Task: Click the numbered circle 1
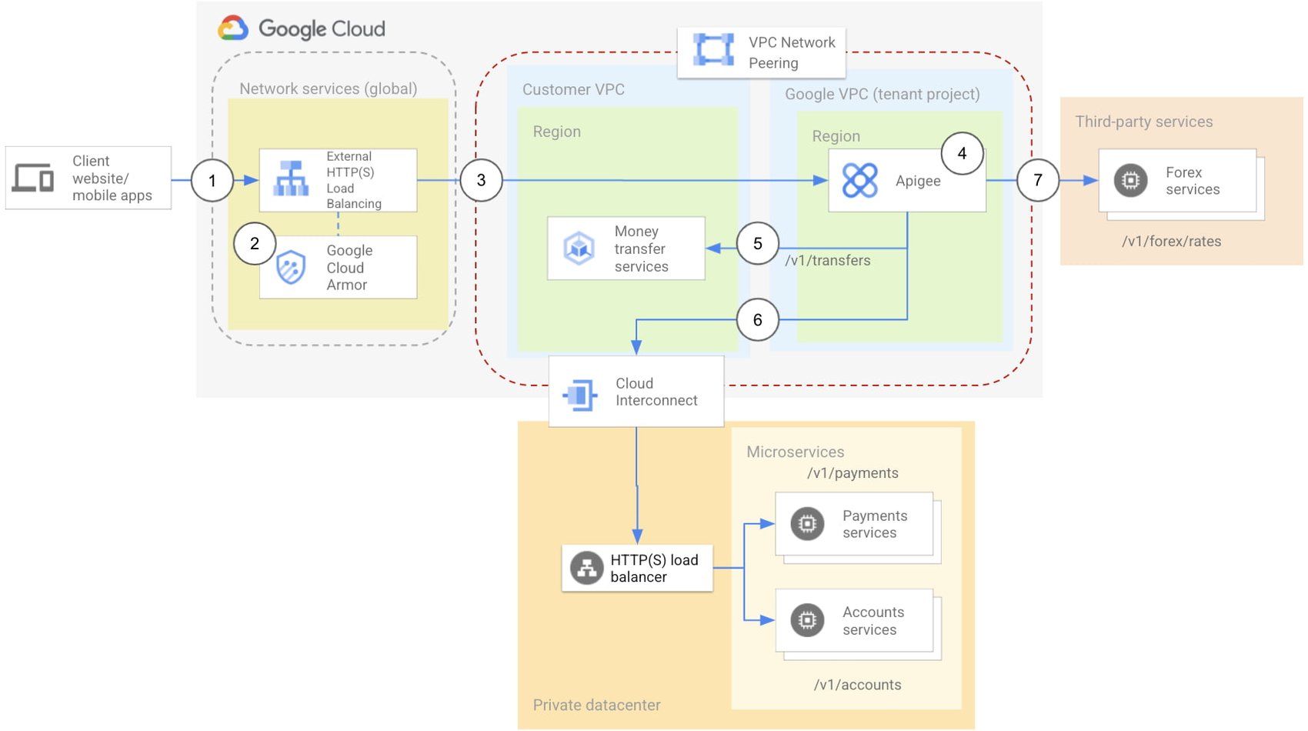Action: [x=212, y=181]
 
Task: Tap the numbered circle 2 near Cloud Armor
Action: [x=255, y=243]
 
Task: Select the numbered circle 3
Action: [x=481, y=180]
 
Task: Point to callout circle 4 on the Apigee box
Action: [x=962, y=153]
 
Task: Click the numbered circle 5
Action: [x=757, y=243]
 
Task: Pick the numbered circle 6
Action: [x=757, y=319]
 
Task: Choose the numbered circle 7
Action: [x=1037, y=180]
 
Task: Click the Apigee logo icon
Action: [x=859, y=181]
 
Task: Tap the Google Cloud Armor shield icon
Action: [x=291, y=268]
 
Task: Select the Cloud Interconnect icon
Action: [x=580, y=396]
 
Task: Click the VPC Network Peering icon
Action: [x=713, y=49]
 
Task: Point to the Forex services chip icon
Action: [x=1130, y=181]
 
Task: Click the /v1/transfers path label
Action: [x=827, y=261]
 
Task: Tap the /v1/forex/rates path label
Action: [x=1171, y=242]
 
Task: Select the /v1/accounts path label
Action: [x=857, y=685]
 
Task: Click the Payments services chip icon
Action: [x=807, y=524]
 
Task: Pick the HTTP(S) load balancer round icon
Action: [x=586, y=569]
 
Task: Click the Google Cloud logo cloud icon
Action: [x=233, y=28]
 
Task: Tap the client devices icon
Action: [x=33, y=178]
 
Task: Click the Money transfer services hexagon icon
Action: [x=579, y=248]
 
